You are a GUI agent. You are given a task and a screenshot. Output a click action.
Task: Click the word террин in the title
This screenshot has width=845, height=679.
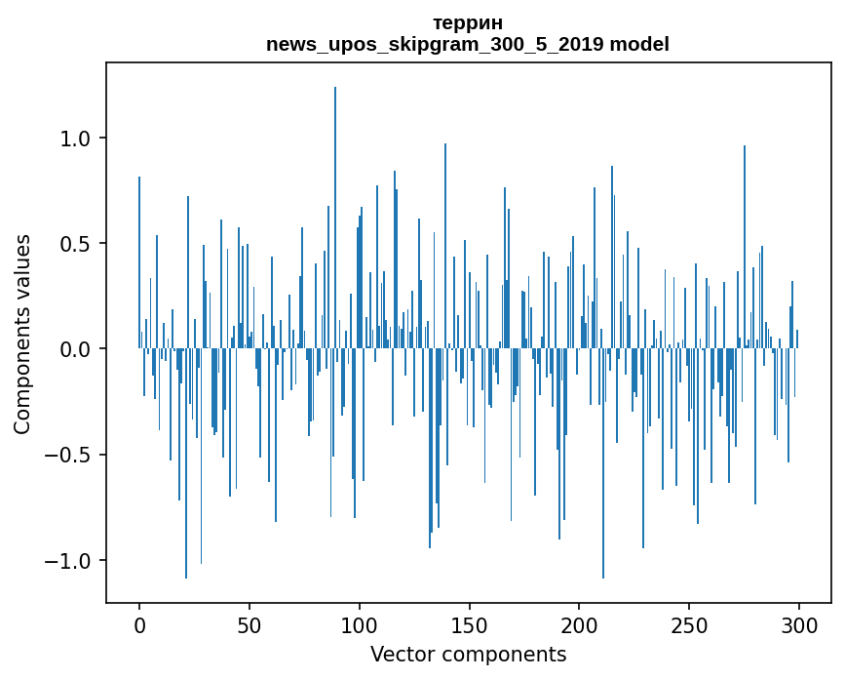coord(468,22)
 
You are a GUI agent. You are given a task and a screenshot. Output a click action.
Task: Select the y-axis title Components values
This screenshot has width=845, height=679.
coord(22,334)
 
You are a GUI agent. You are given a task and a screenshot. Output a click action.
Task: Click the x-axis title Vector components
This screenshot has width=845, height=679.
coord(468,654)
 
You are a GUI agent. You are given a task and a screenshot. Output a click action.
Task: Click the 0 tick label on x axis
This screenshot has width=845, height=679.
coord(139,625)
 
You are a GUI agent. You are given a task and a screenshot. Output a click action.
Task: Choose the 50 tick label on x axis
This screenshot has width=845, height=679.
coord(250,625)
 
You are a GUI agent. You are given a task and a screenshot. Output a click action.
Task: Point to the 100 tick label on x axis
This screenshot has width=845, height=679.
coord(360,625)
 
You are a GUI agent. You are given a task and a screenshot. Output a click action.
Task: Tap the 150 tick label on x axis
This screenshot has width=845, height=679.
coord(470,625)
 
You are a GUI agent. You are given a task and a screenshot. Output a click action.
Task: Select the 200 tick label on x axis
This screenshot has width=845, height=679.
coord(580,625)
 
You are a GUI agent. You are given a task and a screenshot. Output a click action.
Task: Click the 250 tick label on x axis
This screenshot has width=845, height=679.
coord(690,625)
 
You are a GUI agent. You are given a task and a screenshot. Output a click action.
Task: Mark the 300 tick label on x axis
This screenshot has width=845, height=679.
coord(800,625)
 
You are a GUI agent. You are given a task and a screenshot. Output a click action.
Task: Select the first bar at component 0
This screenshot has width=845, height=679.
coord(139,263)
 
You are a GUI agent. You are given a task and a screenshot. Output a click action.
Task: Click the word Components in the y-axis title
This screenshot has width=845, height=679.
coord(22,375)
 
